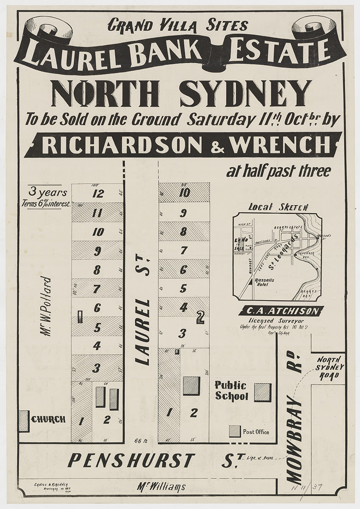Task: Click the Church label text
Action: pos(48,420)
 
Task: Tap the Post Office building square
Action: pos(234,431)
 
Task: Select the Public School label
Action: pos(231,391)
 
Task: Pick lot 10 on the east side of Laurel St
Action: pos(184,193)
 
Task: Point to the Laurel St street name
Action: pos(143,313)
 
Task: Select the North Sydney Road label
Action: pos(330,367)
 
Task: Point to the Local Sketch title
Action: pos(278,207)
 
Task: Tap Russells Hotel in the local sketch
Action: pos(265,282)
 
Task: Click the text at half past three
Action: pos(278,172)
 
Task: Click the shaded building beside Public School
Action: pos(262,392)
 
